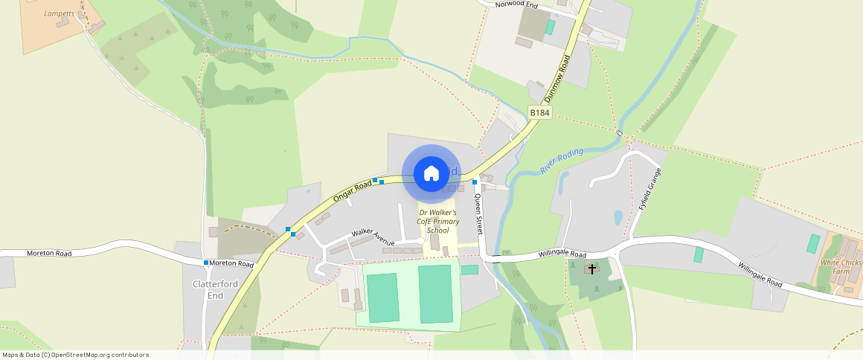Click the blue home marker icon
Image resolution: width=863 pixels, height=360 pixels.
click(431, 174)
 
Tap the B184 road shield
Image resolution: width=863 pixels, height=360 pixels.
click(539, 112)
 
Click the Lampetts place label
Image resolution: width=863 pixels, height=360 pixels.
click(60, 13)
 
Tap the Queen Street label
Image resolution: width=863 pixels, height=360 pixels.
click(480, 213)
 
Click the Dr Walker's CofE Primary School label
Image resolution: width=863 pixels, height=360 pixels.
click(438, 221)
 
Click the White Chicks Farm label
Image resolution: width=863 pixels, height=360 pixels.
click(840, 266)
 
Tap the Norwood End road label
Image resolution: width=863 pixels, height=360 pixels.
click(516, 4)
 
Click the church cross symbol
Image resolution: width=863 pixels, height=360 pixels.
click(592, 269)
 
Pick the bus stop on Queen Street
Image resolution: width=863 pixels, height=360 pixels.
click(475, 181)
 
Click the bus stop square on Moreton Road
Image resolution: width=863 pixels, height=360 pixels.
click(206, 263)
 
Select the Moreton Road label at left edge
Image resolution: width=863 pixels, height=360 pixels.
click(49, 254)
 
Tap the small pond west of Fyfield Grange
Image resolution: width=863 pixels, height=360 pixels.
click(618, 217)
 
